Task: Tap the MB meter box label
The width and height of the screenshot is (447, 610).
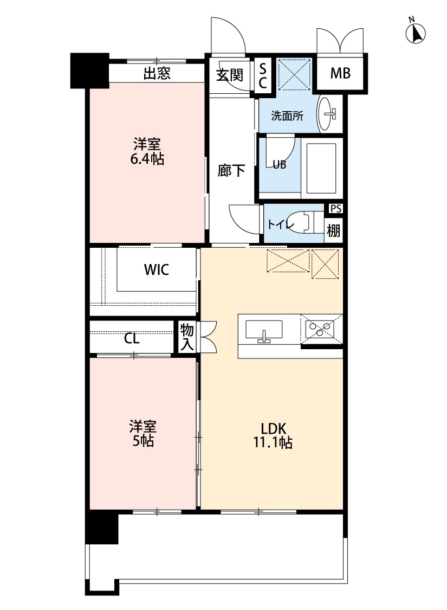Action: click(340, 73)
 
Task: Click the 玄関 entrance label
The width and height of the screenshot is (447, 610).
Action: click(229, 75)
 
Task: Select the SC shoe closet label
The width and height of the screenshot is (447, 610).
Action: click(263, 75)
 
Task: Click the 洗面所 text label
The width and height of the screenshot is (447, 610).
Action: click(287, 115)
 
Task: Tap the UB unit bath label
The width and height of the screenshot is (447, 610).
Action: click(279, 165)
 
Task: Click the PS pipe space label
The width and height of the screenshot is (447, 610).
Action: click(334, 208)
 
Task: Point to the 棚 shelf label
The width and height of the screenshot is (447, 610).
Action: click(334, 230)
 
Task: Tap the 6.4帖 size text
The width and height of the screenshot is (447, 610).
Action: click(147, 159)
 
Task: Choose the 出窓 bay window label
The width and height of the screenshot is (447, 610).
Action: click(157, 74)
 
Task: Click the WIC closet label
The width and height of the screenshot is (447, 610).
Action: click(156, 269)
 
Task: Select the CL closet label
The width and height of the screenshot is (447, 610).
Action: click(132, 339)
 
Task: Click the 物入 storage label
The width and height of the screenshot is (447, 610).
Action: click(187, 337)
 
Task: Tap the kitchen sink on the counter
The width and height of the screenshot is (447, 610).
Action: click(264, 331)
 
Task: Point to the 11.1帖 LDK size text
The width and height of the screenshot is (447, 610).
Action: click(273, 442)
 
